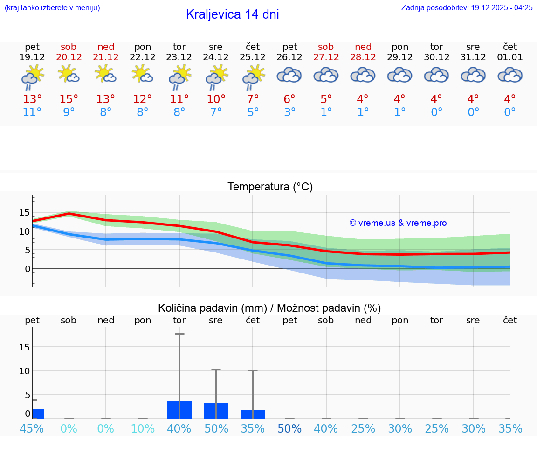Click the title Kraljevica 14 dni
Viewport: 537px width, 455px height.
(x=232, y=14)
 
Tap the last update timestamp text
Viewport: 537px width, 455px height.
(x=467, y=7)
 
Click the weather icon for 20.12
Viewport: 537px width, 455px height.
(x=69, y=74)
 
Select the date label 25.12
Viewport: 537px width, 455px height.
(x=253, y=57)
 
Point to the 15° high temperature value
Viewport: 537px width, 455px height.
(x=69, y=99)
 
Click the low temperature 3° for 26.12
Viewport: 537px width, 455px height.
(x=289, y=112)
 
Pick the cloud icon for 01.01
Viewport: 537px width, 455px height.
(x=510, y=75)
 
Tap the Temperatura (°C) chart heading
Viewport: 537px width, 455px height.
(x=270, y=187)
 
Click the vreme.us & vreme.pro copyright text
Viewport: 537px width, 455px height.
(x=398, y=223)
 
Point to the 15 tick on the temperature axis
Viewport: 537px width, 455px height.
(x=24, y=212)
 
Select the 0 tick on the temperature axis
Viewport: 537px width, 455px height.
(x=28, y=269)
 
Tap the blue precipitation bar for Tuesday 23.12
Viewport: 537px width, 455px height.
(x=179, y=410)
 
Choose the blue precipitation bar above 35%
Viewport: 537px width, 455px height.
(x=253, y=414)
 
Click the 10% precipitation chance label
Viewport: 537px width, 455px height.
(x=143, y=428)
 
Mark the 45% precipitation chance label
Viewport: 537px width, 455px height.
(x=32, y=428)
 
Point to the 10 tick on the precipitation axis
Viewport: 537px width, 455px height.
(x=24, y=371)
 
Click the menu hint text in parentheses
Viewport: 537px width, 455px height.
(x=52, y=7)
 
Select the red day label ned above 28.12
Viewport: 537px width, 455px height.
(x=363, y=47)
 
